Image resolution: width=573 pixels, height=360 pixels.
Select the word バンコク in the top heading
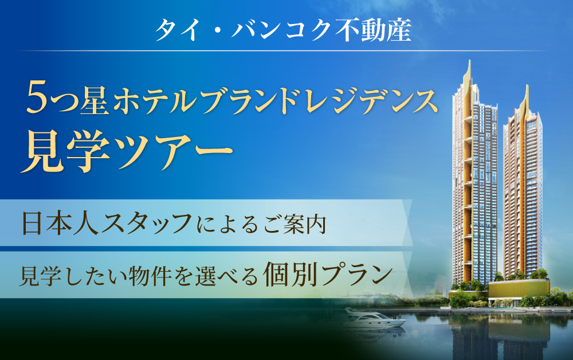(281, 30)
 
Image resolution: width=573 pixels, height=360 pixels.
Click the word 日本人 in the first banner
(60, 222)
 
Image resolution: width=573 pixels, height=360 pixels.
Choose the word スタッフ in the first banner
(147, 222)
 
